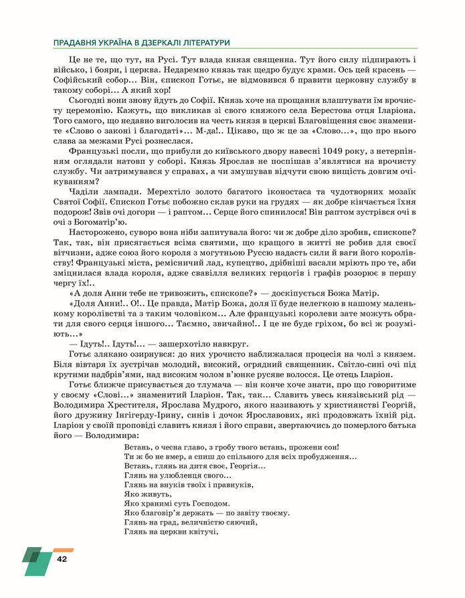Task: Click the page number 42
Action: click(x=62, y=559)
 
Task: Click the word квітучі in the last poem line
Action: click(x=201, y=532)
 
